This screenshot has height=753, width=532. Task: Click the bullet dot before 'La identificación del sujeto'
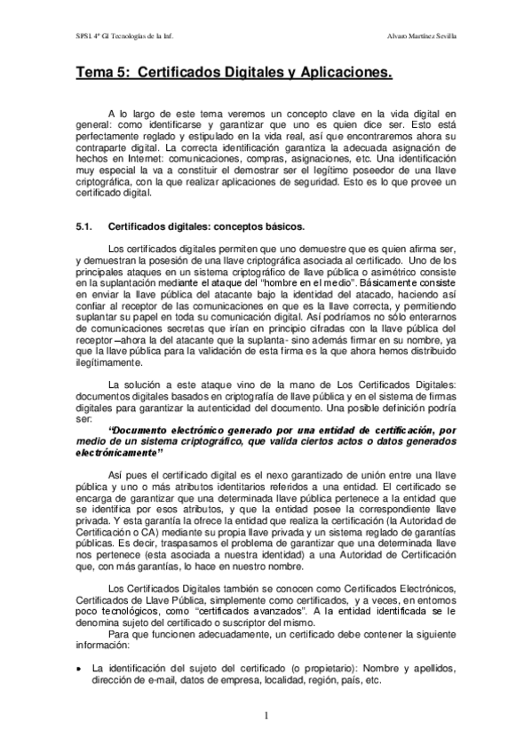point(81,668)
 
